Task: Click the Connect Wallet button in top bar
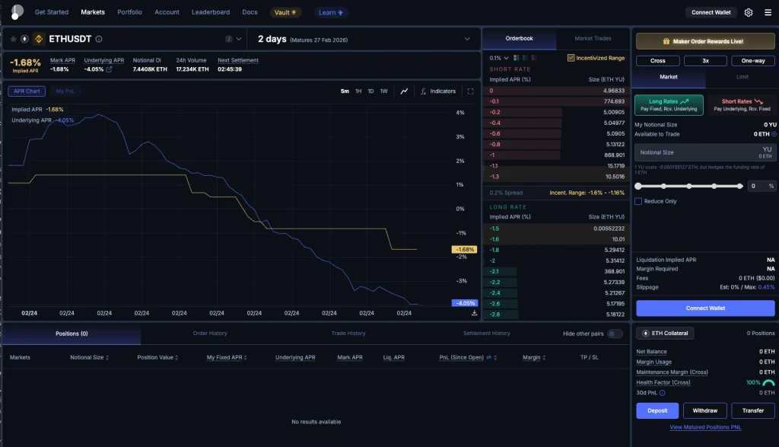[711, 12]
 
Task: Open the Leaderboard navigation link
[211, 12]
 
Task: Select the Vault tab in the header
[285, 12]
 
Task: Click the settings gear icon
[749, 12]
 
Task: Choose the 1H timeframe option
[358, 91]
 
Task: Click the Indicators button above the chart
[438, 91]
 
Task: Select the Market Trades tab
[593, 38]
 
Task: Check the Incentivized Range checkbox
[571, 58]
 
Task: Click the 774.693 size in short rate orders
[613, 101]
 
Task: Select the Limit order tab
[742, 76]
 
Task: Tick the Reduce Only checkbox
[638, 201]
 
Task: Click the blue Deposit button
[657, 410]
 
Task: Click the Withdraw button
[705, 410]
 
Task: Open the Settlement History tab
[486, 334]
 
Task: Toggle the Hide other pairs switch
[614, 334]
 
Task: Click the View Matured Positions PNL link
[705, 427]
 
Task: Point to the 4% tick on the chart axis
[459, 113]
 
